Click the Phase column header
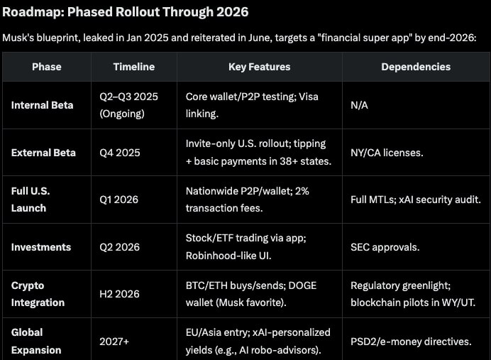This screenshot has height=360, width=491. [47, 67]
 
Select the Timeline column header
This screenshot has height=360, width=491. [134, 67]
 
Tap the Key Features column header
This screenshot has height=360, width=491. [259, 67]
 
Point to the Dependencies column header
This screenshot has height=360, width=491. [416, 67]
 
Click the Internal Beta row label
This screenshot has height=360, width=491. [43, 105]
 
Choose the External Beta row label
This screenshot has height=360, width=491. [43, 153]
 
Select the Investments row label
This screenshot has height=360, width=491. [41, 247]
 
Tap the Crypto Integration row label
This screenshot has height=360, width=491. [38, 294]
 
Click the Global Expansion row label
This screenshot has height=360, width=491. [36, 342]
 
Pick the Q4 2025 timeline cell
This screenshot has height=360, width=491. [120, 153]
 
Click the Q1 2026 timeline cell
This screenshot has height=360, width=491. [119, 200]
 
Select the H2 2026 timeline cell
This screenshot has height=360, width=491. [120, 294]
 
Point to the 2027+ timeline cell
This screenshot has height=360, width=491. [114, 342]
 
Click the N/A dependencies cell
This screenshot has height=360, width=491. [360, 105]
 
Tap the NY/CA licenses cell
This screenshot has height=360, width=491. [387, 153]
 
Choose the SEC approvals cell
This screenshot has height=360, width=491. [385, 247]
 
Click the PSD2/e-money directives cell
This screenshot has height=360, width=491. [411, 342]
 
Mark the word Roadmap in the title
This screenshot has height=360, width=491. [33, 12]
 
